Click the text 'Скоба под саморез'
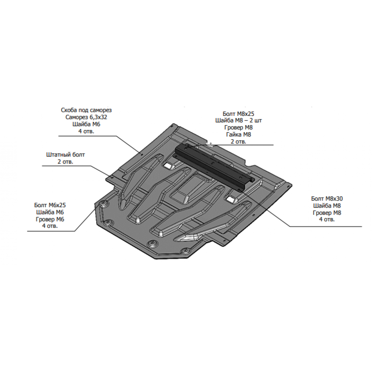(x=86, y=110)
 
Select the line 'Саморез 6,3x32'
(x=86, y=117)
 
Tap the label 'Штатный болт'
(x=65, y=155)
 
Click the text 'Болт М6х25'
(x=50, y=205)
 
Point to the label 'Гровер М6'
(x=50, y=219)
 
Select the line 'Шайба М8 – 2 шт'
(x=238, y=120)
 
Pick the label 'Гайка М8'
(x=238, y=135)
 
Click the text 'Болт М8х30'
(x=327, y=198)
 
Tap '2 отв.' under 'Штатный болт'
(x=65, y=162)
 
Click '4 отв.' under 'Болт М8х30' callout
(x=327, y=219)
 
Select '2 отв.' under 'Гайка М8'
(x=238, y=142)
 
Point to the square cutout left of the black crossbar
(x=169, y=166)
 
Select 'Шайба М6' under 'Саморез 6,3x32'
(x=86, y=124)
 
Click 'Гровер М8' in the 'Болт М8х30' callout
(x=327, y=213)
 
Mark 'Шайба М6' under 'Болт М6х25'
(x=50, y=212)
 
